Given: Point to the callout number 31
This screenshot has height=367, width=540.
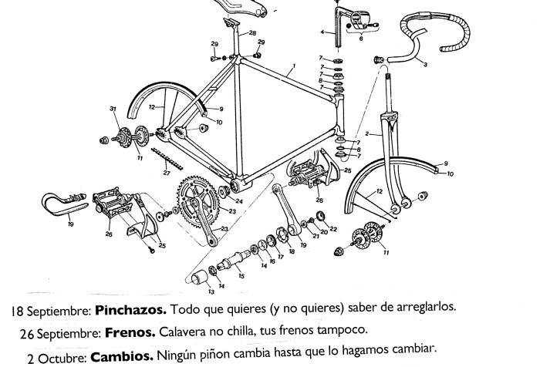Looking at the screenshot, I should (113, 110).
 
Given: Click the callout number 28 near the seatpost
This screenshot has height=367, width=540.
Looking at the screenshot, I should (252, 34).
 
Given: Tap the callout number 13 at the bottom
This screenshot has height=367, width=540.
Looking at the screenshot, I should (211, 292).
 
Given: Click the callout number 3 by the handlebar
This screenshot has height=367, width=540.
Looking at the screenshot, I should (425, 65).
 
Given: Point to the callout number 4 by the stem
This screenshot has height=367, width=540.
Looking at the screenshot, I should (322, 32).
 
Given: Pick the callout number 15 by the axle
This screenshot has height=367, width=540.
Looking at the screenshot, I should (241, 275).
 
